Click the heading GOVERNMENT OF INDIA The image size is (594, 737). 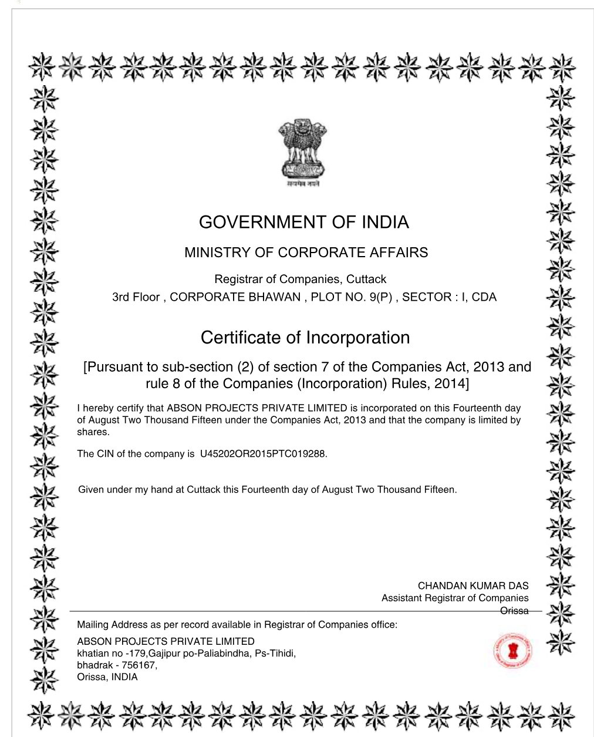coord(303,222)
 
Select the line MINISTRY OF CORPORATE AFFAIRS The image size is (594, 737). coord(306,253)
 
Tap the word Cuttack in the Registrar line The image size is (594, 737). coord(366,279)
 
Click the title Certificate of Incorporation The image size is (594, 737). coord(305,338)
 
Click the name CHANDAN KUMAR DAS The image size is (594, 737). coord(473,585)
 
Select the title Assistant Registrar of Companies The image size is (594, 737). coord(454,598)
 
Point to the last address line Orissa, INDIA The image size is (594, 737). coord(107,677)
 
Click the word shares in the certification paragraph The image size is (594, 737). coord(93,432)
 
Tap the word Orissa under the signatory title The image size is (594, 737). coord(514,611)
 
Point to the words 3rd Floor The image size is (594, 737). coord(136,297)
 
